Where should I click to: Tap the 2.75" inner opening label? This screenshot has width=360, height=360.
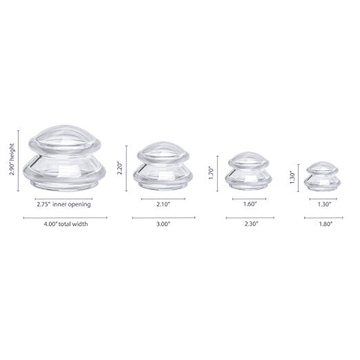(x=64, y=205)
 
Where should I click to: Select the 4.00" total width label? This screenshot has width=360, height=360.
(x=64, y=223)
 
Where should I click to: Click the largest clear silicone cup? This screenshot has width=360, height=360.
(x=65, y=159)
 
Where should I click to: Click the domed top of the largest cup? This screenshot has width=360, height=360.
(x=64, y=140)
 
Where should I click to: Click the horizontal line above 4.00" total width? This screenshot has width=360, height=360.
(x=64, y=217)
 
